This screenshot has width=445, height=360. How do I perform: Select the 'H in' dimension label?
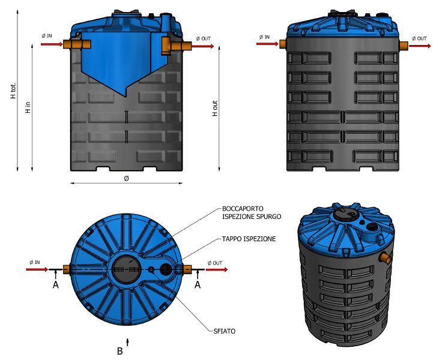tap(28, 107)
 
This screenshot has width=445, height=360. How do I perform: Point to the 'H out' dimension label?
tap(215, 108)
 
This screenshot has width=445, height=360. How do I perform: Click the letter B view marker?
tap(120, 352)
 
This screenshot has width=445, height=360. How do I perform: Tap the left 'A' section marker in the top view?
tap(56, 286)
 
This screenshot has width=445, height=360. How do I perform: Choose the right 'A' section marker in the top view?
tap(197, 286)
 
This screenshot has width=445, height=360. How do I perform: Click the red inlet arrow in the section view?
tap(52, 44)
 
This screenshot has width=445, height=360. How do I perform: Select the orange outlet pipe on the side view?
tap(404, 45)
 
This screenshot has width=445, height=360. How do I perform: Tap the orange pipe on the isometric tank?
tap(385, 258)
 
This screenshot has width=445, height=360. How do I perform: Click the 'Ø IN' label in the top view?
tap(35, 263)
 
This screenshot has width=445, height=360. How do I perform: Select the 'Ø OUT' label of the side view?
tap(420, 38)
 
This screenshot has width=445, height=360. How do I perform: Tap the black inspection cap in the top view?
tap(164, 270)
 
